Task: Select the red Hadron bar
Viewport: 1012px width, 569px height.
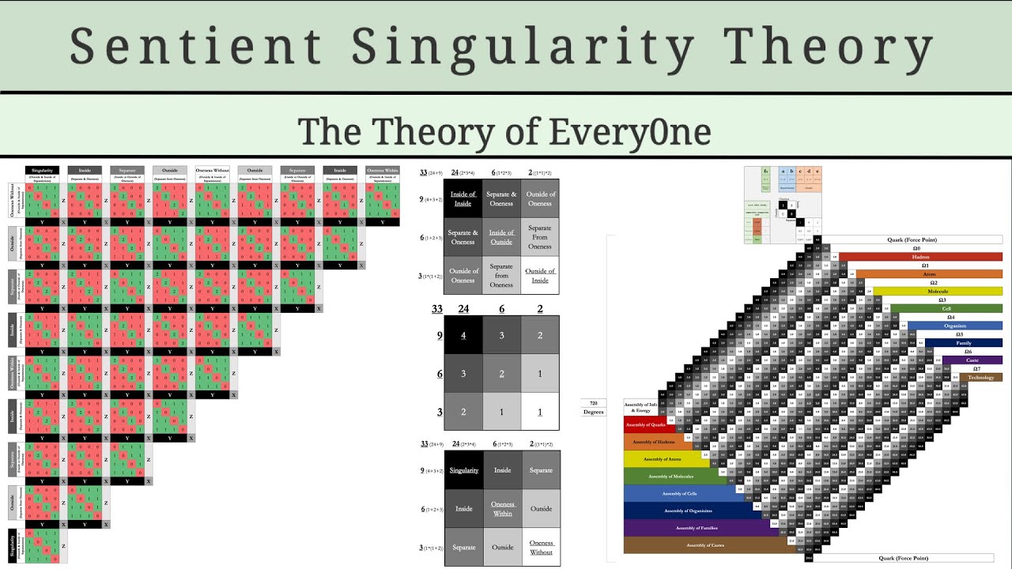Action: tap(920, 257)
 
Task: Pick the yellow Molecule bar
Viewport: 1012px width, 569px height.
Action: tap(938, 292)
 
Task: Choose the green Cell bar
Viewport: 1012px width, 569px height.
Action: tap(946, 308)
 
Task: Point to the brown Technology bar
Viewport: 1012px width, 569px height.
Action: tap(980, 378)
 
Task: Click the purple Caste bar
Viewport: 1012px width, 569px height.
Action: tap(972, 360)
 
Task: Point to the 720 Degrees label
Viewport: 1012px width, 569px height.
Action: tap(593, 408)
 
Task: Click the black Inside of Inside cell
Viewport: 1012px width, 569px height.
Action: tap(463, 198)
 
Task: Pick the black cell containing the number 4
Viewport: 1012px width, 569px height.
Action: tap(463, 335)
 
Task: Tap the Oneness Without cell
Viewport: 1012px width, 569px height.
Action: tap(541, 547)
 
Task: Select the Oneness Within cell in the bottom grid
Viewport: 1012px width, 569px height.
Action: tap(502, 509)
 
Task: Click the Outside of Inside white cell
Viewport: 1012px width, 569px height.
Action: tap(540, 275)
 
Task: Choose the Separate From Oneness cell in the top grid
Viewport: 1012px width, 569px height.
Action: tap(540, 237)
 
